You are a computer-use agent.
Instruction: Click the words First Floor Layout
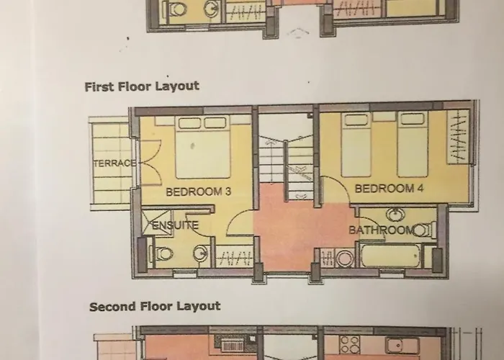142,87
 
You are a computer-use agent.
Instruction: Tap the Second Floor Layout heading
155,306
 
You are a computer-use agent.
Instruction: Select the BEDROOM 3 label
198,192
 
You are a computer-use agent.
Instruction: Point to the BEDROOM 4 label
389,189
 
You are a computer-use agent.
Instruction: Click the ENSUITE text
175,225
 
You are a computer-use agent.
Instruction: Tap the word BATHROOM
381,230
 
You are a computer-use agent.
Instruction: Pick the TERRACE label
115,163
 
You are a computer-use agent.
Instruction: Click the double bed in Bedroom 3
203,147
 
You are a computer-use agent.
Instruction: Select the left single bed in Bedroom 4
356,144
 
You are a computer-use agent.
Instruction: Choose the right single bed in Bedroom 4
413,144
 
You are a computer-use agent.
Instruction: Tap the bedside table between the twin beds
384,117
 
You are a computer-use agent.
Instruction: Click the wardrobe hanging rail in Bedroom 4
458,138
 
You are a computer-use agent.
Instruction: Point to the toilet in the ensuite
161,254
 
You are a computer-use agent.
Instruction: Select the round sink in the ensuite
201,253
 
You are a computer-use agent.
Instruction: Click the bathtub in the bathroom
391,256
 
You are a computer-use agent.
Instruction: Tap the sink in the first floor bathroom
395,215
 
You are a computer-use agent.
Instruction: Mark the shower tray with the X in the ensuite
157,222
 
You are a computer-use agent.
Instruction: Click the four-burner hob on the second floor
349,345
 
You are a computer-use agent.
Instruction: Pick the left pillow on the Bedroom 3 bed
189,123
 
